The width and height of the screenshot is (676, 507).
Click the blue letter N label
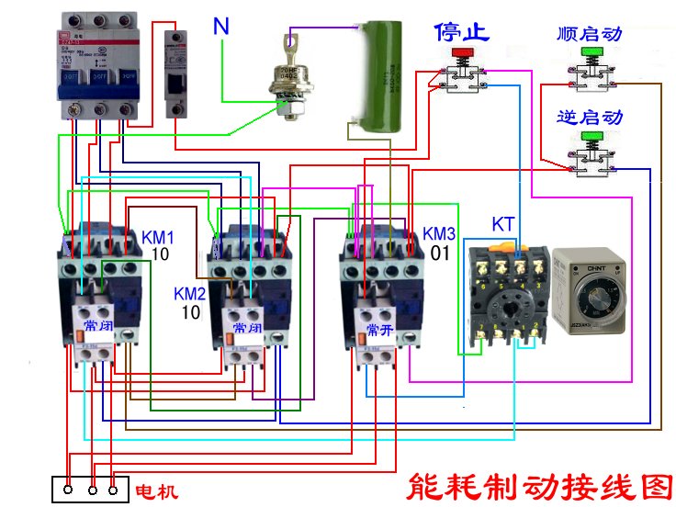tap(221, 27)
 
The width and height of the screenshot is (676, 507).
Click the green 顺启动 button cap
tap(590, 51)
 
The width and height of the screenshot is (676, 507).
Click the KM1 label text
tap(157, 237)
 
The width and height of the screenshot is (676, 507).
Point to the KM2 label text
tap(190, 295)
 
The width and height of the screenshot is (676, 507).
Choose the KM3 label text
tap(439, 233)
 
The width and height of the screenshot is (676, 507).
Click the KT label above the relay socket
tap(502, 224)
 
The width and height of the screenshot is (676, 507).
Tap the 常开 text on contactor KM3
tap(379, 328)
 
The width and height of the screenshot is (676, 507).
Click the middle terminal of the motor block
tap(92, 490)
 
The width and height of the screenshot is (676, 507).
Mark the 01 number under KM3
tap(440, 252)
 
